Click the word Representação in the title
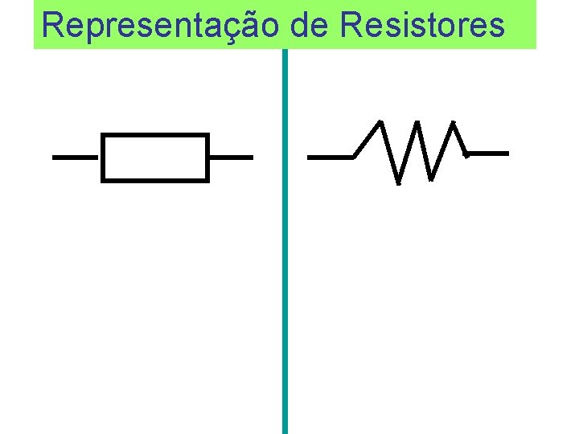tap(160, 26)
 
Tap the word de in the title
tap(309, 26)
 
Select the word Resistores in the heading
tap(422, 26)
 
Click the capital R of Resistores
tap(351, 26)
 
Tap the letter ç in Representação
tap(232, 28)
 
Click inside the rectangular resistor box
tap(155, 158)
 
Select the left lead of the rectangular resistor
tap(76, 158)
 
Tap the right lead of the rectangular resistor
tap(231, 158)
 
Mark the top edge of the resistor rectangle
tap(155, 135)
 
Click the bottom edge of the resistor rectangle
tap(155, 180)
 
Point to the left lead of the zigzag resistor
tap(331, 158)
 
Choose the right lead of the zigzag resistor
tap(488, 152)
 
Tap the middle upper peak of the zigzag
tap(417, 124)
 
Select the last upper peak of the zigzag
tap(454, 124)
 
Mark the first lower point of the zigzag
tap(397, 182)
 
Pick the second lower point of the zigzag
tap(432, 178)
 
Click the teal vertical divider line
tap(285, 241)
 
